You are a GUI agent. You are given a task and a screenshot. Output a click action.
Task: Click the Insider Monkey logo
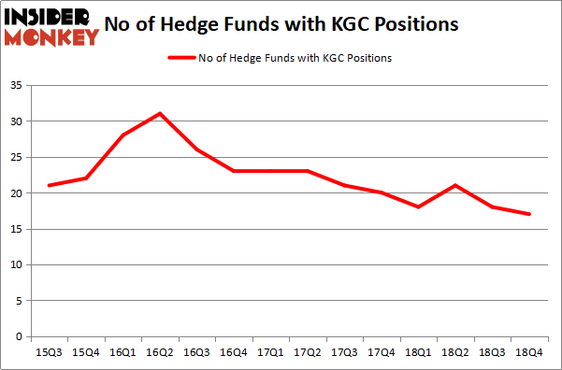51,26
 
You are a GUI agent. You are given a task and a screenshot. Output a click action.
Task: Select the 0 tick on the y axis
18,336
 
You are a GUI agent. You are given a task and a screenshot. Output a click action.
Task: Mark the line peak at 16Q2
159,114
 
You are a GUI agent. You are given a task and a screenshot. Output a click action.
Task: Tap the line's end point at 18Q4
529,214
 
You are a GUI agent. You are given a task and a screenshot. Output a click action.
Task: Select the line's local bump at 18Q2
455,185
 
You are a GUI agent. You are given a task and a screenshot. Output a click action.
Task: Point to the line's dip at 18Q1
418,206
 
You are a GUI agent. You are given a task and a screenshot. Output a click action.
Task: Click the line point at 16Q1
122,135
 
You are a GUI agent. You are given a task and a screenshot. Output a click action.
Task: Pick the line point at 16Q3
196,149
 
